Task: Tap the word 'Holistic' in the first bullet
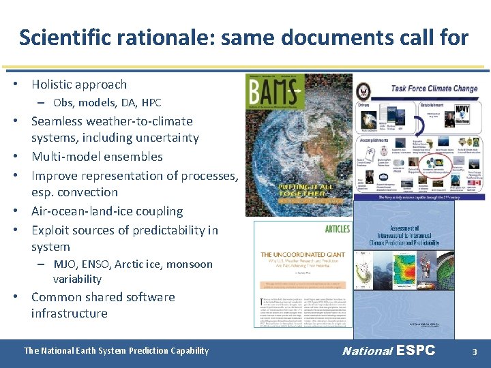click(x=53, y=85)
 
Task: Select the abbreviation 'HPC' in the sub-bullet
click(x=151, y=103)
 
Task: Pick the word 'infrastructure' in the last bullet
click(x=69, y=313)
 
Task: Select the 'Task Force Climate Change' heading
click(x=434, y=88)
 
